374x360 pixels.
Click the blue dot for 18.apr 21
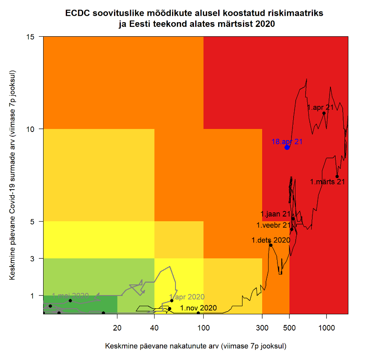pos(287,147)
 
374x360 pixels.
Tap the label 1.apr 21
pos(320,108)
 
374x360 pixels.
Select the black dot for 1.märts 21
pos(337,176)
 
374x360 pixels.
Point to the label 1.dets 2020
pos(271,240)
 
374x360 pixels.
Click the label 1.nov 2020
pos(198,308)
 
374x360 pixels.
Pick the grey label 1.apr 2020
pos(187,297)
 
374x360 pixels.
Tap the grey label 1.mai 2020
pos(70,296)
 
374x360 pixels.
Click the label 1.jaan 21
pos(275,214)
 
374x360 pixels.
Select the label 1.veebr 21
pos(273,225)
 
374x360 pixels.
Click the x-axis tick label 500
pos(289,328)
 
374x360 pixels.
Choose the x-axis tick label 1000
pos(326,328)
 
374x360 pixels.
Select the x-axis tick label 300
pos(262,328)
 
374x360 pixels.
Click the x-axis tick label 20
pos(117,328)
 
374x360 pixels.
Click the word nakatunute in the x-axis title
pos(184,345)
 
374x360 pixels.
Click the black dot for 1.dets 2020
pos(271,245)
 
